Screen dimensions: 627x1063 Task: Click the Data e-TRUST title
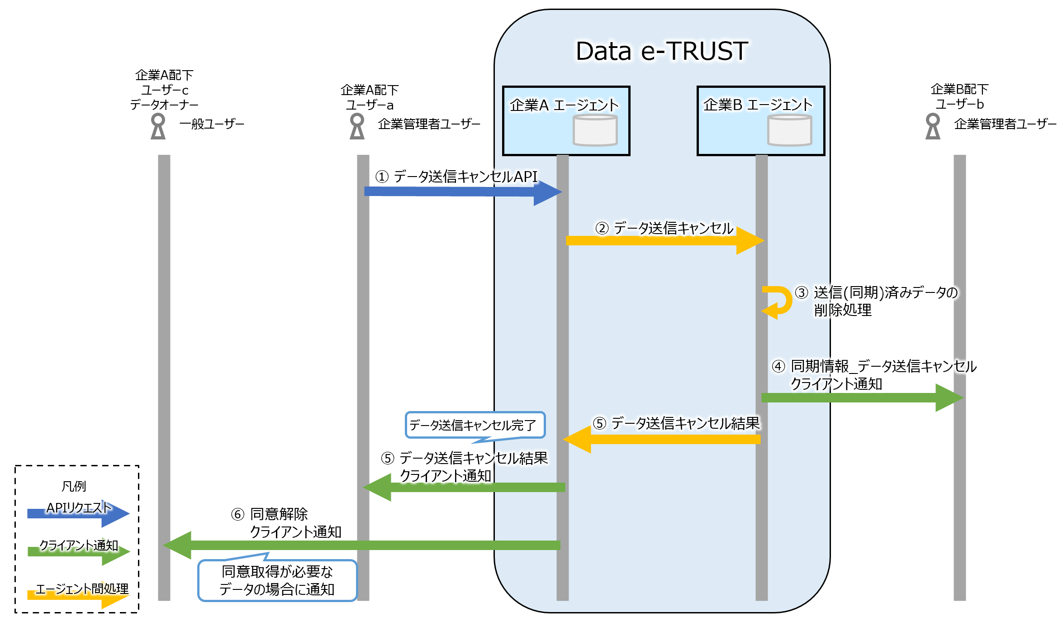[661, 51]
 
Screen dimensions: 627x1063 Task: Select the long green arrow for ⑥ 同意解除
[362, 545]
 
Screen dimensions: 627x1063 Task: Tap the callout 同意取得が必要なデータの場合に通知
[277, 580]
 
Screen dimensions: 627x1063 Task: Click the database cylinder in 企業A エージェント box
[595, 130]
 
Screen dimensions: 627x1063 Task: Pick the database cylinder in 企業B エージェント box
[789, 130]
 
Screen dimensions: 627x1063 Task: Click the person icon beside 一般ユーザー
[158, 126]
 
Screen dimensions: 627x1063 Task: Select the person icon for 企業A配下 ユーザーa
[357, 126]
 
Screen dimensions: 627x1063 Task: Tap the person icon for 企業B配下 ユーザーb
[933, 126]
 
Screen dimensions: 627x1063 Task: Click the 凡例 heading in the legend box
[74, 486]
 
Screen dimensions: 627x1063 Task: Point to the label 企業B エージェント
[758, 105]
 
